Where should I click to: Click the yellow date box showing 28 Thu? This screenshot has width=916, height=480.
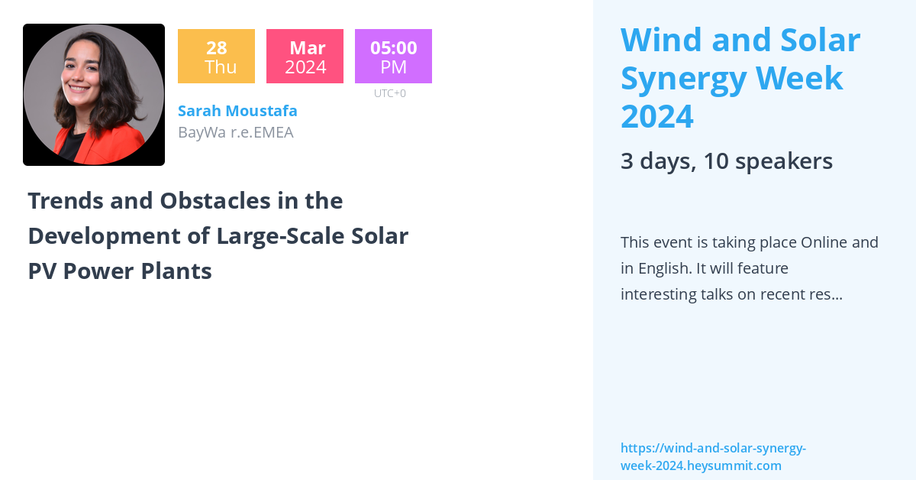click(216, 57)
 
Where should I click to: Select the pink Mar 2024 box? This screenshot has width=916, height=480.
click(305, 57)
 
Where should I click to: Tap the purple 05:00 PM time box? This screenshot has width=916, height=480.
click(393, 57)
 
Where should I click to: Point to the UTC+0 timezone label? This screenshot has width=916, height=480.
click(389, 93)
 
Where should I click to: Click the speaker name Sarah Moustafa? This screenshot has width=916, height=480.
click(237, 111)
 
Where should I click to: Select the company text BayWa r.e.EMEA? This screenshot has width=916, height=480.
click(235, 132)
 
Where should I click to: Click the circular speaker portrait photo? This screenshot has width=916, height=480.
click(94, 95)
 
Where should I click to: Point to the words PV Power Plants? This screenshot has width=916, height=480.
click(119, 271)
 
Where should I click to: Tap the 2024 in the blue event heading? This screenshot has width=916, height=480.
click(656, 116)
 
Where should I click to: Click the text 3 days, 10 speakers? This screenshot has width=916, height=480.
click(726, 161)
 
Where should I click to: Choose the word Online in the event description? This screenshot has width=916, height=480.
click(824, 242)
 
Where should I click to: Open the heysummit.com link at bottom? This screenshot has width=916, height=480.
click(712, 457)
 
